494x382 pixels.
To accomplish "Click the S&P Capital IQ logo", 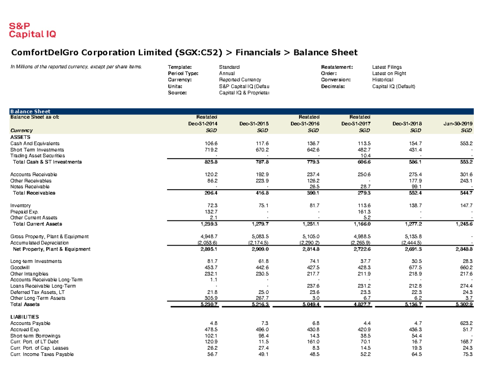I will (x=33, y=30).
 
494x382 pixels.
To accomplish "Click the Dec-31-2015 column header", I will (x=252, y=124).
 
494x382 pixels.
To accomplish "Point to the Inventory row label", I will (x=20, y=205).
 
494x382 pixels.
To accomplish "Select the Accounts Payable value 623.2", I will (x=466, y=323).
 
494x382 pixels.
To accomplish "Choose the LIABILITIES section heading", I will (x=24, y=316).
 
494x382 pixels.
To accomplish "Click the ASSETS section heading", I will (x=20, y=137).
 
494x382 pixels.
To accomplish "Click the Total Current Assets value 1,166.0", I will (x=361, y=224).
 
